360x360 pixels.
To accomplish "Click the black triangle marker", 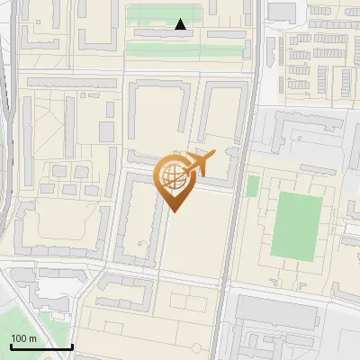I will point(181,24).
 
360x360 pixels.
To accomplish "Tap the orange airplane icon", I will point(199,164).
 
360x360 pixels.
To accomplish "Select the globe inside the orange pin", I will point(174,176).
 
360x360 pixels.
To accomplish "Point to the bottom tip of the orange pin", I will point(174,211).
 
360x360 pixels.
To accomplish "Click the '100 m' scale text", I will point(23,338).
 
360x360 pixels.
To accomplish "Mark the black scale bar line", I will point(41,346).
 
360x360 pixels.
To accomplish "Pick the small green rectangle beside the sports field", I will point(253,186).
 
